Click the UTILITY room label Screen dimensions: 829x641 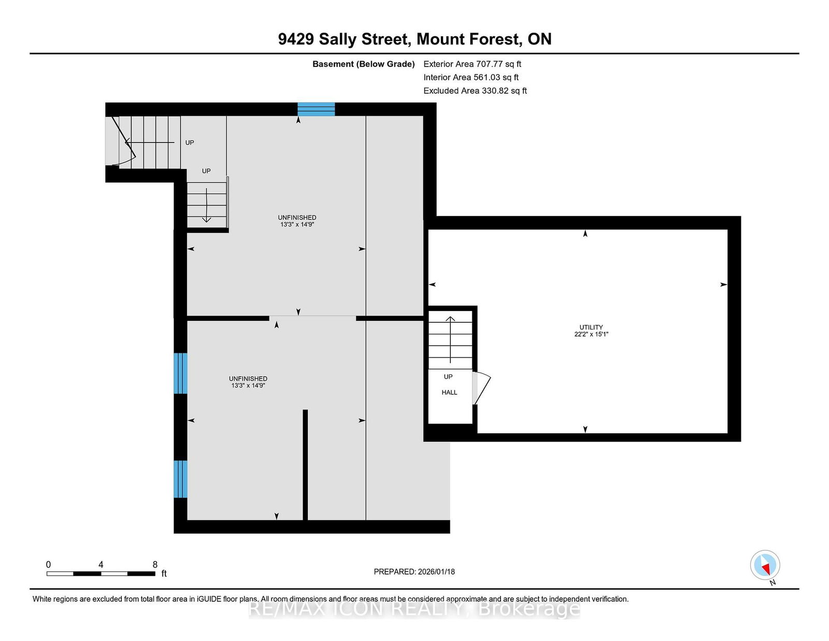[591, 327]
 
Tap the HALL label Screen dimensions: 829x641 [449, 392]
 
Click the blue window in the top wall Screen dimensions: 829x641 [316, 109]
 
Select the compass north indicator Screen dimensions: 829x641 [765, 565]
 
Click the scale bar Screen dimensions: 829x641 [101, 574]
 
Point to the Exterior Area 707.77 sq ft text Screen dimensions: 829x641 [473, 64]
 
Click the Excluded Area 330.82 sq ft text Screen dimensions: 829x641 [475, 91]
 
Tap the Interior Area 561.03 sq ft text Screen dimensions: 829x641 [471, 77]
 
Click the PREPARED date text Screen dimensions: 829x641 [414, 572]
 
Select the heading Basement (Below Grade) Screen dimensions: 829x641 [364, 64]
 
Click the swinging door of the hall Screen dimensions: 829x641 [481, 389]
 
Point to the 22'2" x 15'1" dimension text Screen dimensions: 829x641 [591, 334]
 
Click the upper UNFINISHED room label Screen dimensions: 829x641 [297, 218]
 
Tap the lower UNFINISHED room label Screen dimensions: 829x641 [248, 378]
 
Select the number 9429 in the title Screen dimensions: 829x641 [296, 39]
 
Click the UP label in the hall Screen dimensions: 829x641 [448, 377]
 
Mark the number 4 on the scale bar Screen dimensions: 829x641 [101, 565]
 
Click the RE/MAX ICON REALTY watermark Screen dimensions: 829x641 [414, 608]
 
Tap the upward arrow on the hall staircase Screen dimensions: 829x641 [451, 339]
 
